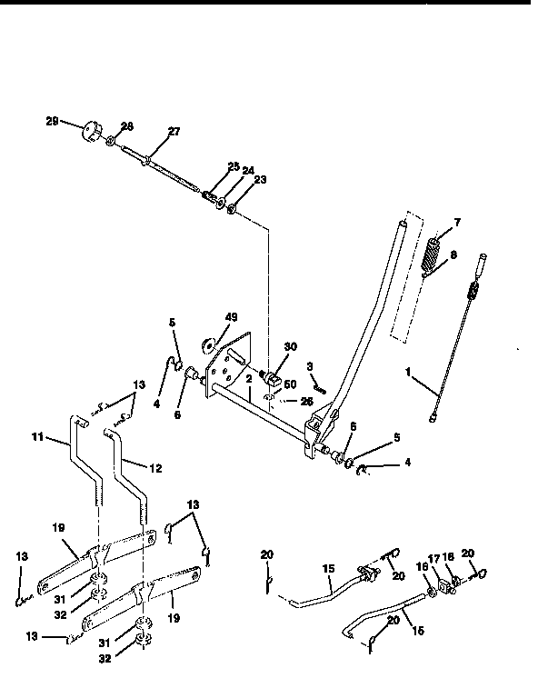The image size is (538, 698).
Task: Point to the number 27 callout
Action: [x=173, y=132]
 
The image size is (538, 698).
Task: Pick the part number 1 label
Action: [x=410, y=371]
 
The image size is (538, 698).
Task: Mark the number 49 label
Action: [x=231, y=317]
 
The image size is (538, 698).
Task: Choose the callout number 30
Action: [x=291, y=347]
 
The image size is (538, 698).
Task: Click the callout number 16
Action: [x=421, y=564]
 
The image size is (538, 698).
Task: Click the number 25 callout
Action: [x=234, y=166]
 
